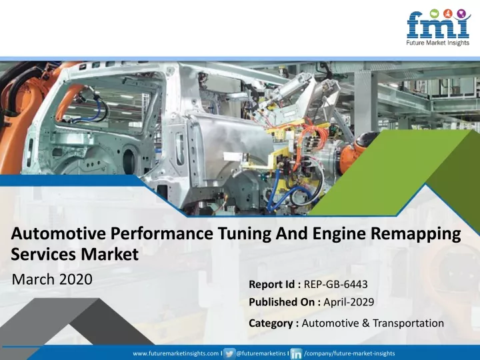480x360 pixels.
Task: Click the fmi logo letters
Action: click(x=438, y=25)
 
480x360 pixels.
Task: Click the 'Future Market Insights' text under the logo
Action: click(x=438, y=43)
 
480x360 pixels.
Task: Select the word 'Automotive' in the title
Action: click(x=59, y=234)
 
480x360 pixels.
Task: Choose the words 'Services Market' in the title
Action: click(x=75, y=255)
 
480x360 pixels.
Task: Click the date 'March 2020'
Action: click(x=52, y=279)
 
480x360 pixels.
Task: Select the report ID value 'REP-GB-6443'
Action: click(x=335, y=285)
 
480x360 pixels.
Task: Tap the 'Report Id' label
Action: click(x=271, y=285)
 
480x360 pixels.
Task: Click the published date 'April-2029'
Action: click(x=349, y=302)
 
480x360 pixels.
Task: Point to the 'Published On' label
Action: click(x=281, y=302)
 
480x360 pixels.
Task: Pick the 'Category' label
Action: click(x=271, y=323)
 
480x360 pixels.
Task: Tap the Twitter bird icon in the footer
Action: click(x=229, y=353)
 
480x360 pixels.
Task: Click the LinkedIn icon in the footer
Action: click(x=296, y=354)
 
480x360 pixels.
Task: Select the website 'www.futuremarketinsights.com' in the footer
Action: click(x=176, y=353)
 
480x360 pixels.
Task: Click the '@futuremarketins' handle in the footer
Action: click(x=261, y=353)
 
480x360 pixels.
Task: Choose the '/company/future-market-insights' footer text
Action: click(x=349, y=353)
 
